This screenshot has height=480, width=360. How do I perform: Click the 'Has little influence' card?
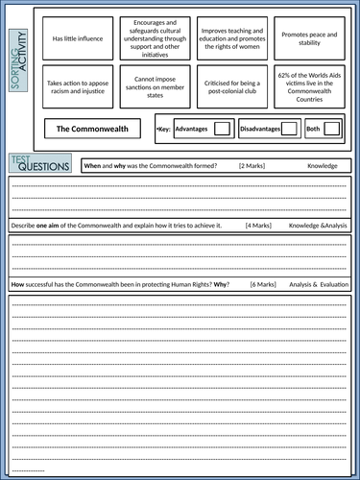click(77, 38)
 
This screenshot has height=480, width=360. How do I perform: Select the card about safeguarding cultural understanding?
click(156, 38)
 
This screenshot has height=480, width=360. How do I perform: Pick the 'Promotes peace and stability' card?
click(309, 38)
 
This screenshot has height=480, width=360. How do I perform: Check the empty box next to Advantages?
click(222, 128)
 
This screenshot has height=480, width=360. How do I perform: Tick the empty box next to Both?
click(332, 128)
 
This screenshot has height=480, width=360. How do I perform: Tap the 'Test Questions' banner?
click(40, 164)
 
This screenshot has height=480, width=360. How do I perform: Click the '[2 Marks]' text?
click(252, 166)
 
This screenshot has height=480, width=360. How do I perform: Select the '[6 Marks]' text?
click(263, 285)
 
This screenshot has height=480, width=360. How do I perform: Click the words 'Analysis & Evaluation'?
click(319, 285)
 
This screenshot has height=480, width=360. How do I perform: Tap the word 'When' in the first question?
click(92, 166)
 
